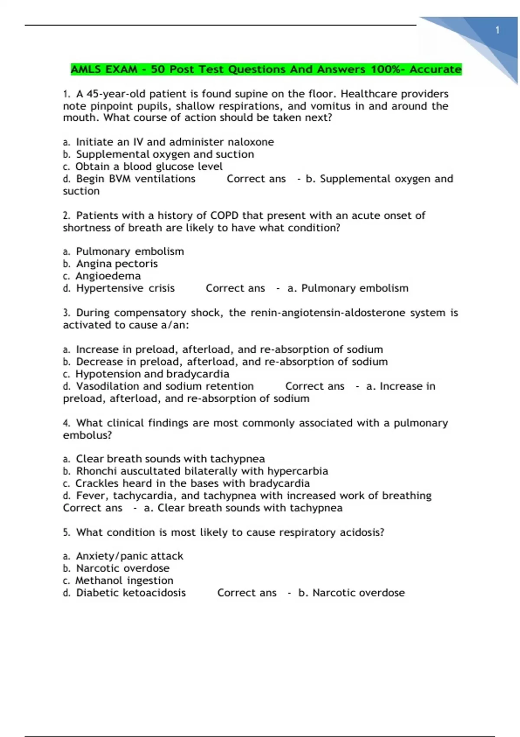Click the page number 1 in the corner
(x=497, y=30)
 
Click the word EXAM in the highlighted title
(x=120, y=69)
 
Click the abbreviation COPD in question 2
(x=224, y=216)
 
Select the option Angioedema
(x=108, y=276)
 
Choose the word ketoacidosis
(x=154, y=593)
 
